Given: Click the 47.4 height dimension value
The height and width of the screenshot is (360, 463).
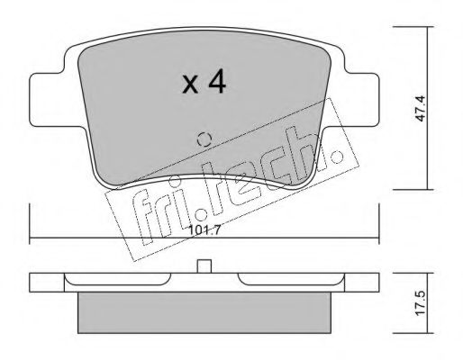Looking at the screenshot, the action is (420, 108).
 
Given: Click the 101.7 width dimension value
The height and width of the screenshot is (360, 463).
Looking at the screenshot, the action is (205, 230).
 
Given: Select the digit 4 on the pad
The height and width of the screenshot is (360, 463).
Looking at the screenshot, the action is (217, 81).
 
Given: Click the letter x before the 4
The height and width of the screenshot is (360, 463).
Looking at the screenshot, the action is (191, 85).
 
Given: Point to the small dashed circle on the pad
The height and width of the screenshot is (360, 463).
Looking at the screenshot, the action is (204, 139).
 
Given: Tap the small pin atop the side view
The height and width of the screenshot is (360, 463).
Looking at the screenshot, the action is (204, 266).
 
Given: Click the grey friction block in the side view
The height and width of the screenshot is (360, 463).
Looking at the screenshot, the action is (204, 312).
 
